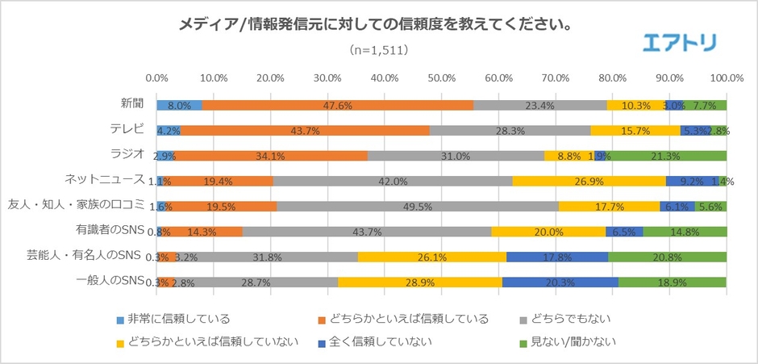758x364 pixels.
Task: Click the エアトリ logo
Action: pos(679,42)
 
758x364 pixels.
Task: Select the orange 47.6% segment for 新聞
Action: pos(338,105)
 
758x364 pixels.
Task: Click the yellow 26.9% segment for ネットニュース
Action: pos(589,182)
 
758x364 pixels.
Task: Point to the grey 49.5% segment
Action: pos(417,207)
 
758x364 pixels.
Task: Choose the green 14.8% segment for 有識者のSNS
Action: pos(684,232)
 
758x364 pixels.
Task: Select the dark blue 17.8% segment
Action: pos(557,257)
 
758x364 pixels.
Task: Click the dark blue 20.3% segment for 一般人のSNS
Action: pos(560,282)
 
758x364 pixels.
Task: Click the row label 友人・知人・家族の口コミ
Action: pos(76,204)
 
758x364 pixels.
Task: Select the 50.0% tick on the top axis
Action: pos(441,78)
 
